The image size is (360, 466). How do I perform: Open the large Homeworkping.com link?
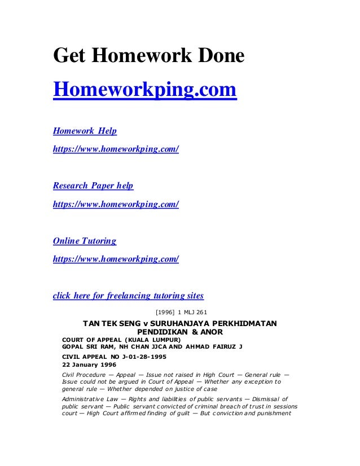(144, 90)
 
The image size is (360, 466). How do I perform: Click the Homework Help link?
(85, 131)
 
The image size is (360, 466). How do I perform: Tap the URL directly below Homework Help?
(116, 150)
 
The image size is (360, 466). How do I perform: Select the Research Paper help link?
(93, 186)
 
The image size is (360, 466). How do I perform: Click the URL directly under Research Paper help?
(116, 204)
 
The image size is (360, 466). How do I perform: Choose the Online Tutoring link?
(85, 241)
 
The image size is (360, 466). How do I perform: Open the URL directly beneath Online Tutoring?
(116, 260)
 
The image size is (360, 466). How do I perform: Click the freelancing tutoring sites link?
(128, 296)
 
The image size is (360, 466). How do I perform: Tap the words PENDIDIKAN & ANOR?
(179, 332)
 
